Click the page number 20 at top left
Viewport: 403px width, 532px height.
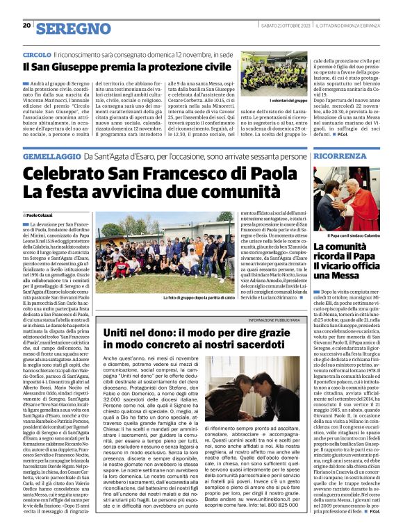(x=26, y=26)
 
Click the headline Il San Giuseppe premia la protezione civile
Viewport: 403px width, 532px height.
(x=126, y=67)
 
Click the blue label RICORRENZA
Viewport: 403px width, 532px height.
(x=340, y=157)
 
